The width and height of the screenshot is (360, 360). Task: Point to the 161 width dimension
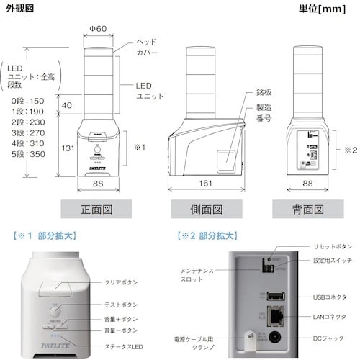coord(205,184)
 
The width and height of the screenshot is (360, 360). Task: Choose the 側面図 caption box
coord(205,210)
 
